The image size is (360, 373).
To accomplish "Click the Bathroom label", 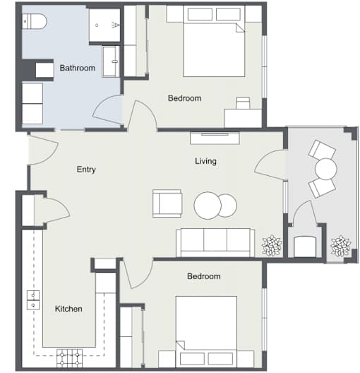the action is (x=77, y=68).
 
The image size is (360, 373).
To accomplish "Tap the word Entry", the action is (x=86, y=170).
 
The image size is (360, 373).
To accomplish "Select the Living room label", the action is (x=205, y=161).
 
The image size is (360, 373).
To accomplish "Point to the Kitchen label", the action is (x=68, y=309).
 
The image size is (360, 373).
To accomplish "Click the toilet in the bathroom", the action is (x=34, y=21).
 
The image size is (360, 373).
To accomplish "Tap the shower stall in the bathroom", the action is (x=104, y=25).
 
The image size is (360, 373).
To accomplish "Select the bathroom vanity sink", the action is (x=111, y=61).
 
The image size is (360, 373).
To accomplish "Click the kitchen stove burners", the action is (x=69, y=358).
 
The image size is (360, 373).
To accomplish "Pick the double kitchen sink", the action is (x=33, y=300).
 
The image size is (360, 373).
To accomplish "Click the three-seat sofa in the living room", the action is (x=215, y=242).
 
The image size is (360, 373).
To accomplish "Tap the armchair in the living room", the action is (x=167, y=203).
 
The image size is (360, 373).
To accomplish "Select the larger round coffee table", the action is (x=208, y=206).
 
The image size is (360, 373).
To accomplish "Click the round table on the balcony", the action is (x=326, y=169).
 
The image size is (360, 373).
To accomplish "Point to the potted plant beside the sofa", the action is (x=272, y=246).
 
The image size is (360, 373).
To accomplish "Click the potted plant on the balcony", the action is (x=341, y=246).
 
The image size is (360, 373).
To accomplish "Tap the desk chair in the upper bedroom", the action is (x=243, y=102).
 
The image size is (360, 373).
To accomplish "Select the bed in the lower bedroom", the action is (x=206, y=332).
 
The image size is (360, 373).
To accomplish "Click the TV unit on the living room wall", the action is (x=215, y=138).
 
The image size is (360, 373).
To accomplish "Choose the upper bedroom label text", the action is (x=185, y=98).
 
